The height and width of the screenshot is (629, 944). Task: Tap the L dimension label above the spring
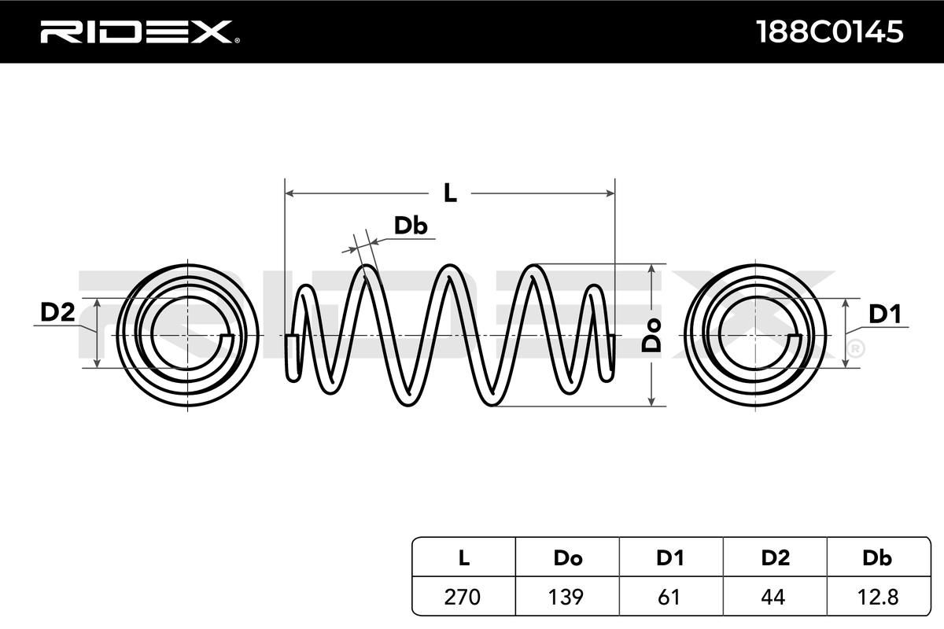coord(449,193)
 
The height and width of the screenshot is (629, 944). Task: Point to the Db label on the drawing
coord(410,226)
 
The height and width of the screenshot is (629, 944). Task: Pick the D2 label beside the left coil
coord(57,313)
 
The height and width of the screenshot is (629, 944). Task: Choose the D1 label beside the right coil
coord(884,314)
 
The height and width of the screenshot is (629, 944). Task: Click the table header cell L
coord(463,558)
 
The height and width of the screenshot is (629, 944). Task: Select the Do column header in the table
coord(567,558)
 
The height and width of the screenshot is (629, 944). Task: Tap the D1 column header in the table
coord(669,558)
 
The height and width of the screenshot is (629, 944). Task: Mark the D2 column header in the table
coord(775,558)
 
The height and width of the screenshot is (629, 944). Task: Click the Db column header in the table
coord(877,558)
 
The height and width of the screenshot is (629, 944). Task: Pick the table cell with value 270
coord(463,597)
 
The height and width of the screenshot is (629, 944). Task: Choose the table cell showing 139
coord(567,597)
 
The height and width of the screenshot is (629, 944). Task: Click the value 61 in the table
coord(669,597)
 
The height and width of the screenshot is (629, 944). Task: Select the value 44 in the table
coord(775,597)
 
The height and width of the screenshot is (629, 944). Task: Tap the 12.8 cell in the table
coord(877,597)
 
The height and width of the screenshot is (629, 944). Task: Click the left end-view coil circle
coord(191,335)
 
